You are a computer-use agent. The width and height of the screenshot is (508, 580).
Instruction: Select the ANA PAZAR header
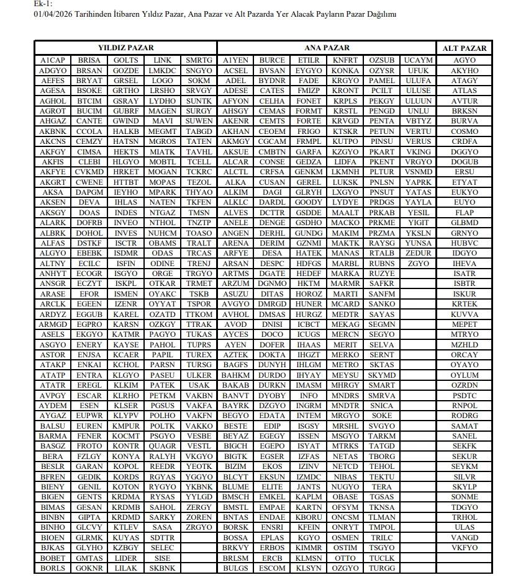pos(327,48)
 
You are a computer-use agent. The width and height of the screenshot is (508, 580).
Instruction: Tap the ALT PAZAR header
pos(465,48)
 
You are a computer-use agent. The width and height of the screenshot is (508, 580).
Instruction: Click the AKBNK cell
pos(53,132)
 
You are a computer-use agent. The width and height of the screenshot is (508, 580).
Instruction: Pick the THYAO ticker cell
pos(199,192)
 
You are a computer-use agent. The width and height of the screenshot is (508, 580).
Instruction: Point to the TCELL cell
pos(199,162)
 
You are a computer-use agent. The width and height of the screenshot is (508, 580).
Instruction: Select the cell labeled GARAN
pos(89,466)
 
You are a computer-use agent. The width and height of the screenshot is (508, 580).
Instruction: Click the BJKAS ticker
pos(53,548)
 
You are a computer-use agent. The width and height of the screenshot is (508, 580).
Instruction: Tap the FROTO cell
pos(89,446)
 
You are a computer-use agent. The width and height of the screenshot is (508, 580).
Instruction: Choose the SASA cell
pos(163,527)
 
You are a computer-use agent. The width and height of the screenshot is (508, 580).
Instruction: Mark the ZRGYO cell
pos(199,527)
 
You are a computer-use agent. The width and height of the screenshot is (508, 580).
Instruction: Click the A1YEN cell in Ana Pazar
pos(235,60)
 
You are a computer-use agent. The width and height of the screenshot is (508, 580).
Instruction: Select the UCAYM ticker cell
pos(418,60)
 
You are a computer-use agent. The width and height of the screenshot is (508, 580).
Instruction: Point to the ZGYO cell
pos(418,264)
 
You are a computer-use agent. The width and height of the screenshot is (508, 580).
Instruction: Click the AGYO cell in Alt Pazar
pos(465,60)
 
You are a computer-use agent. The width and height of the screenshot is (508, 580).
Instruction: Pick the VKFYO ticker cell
pos(465,548)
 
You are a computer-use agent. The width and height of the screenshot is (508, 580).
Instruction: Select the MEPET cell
pos(465,324)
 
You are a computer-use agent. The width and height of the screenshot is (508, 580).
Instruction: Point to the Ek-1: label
pos(43,4)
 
